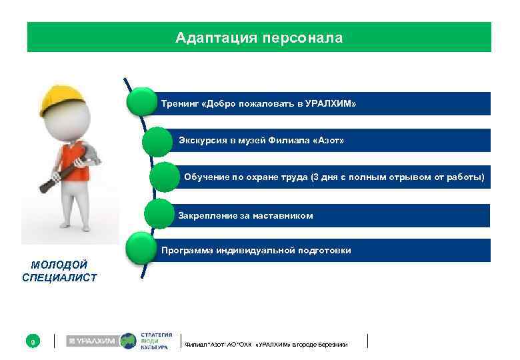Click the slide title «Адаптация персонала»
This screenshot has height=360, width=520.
259,38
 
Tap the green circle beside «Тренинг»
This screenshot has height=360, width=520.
142,103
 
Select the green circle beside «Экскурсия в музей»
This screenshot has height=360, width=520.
157,141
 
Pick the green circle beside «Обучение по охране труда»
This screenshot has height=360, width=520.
164,177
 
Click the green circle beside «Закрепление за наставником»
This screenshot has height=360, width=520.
159,214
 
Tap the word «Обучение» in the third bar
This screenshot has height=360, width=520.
205,178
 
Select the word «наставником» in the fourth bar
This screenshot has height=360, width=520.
284,216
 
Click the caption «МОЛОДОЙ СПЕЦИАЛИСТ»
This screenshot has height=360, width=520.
59,271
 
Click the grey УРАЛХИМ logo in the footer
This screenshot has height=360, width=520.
91,341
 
